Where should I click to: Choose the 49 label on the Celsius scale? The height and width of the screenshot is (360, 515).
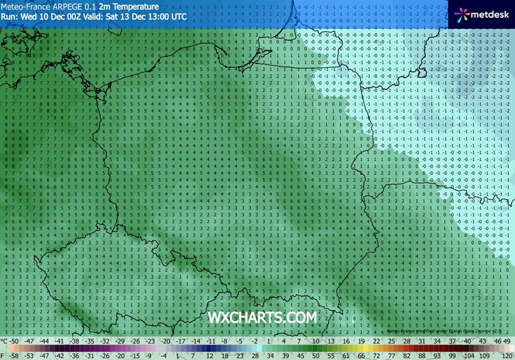click(x=507, y=341)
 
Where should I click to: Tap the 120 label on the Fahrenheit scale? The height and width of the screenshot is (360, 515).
click(x=504, y=355)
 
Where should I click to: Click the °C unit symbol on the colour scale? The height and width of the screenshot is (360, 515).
click(x=4, y=341)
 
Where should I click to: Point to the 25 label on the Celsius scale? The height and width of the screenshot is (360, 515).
click(x=391, y=341)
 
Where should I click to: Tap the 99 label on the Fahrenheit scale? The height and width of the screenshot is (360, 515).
click(x=469, y=355)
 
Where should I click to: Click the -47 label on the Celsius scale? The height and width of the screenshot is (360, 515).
click(x=30, y=341)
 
